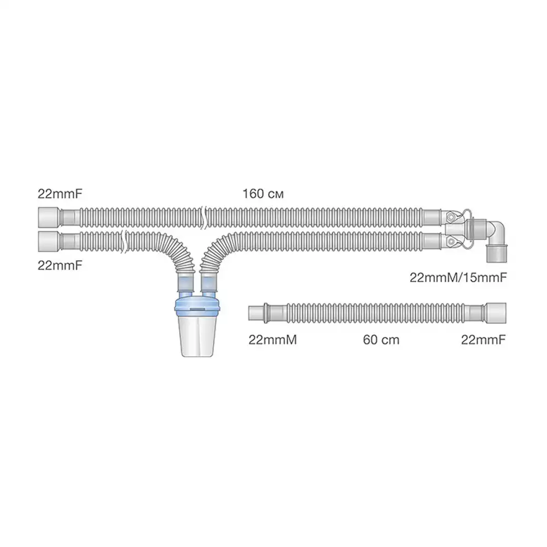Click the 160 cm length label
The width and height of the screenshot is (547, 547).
point(263,194)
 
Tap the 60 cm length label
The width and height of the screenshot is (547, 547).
point(381,340)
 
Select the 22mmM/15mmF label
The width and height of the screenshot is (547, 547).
point(458,278)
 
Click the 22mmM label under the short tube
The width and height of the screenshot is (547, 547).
point(272,340)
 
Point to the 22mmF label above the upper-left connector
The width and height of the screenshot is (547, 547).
point(60,194)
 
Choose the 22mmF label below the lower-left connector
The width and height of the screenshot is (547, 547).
point(60,265)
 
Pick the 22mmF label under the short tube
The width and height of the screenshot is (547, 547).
point(484,340)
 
